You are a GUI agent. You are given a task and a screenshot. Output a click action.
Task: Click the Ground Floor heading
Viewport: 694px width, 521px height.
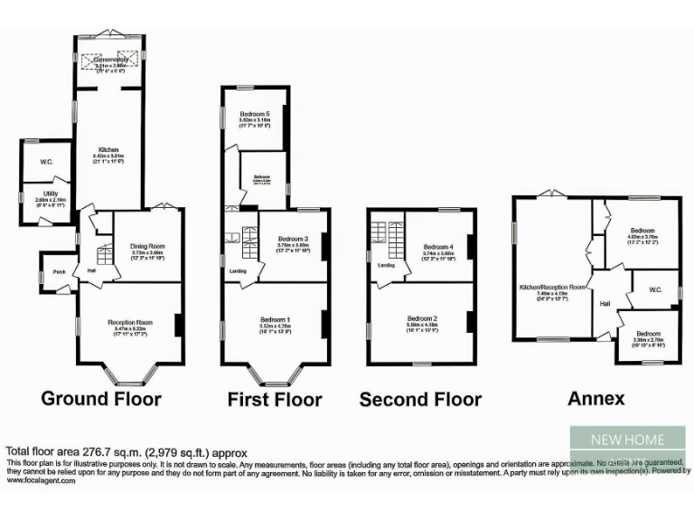click(102, 398)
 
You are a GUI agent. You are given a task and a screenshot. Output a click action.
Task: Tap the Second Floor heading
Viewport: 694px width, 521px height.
click(420, 399)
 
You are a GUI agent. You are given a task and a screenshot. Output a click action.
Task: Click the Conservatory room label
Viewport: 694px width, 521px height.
click(110, 60)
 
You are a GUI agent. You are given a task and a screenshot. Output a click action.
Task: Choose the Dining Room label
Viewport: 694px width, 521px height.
click(147, 245)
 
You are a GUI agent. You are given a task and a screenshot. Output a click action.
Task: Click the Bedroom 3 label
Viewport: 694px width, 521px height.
click(294, 238)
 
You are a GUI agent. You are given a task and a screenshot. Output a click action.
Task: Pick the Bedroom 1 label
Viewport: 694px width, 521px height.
click(276, 320)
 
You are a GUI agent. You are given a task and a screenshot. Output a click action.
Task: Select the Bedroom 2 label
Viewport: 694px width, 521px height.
click(422, 318)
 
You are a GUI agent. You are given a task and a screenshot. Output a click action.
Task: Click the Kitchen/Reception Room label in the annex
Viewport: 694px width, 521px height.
click(552, 287)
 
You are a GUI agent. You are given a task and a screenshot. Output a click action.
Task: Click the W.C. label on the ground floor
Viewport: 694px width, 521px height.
click(47, 162)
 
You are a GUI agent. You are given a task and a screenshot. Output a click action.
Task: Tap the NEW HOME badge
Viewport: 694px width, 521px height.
click(627, 440)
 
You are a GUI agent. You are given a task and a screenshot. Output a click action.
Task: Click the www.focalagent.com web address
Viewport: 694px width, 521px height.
click(42, 481)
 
